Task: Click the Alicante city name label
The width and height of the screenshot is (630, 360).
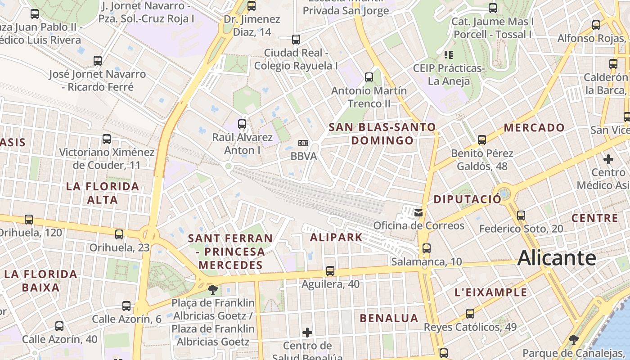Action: tap(557, 258)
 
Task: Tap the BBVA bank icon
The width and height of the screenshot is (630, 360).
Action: tap(303, 143)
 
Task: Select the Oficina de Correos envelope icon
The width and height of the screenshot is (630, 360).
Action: tap(418, 212)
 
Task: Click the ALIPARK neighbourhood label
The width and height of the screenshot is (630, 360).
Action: tap(336, 237)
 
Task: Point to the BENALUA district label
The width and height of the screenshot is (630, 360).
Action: tap(389, 318)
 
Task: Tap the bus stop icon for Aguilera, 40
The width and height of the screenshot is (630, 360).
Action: tap(330, 271)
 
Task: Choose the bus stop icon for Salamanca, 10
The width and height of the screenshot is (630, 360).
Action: tap(427, 248)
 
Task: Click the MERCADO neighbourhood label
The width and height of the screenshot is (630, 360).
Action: tap(534, 127)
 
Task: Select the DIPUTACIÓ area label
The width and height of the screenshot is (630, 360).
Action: tap(467, 199)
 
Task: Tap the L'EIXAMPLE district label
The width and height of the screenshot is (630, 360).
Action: tap(490, 292)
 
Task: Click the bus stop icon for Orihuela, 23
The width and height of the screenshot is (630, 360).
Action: tap(119, 234)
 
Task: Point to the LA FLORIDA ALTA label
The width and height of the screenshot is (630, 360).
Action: tap(103, 193)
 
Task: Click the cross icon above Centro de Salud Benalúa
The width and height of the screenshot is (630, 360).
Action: tap(307, 333)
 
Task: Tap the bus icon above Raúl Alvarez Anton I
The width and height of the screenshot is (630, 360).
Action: tap(242, 124)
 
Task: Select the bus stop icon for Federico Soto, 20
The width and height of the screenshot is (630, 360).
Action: tap(521, 216)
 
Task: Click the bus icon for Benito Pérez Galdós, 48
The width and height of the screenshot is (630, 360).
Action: tap(482, 140)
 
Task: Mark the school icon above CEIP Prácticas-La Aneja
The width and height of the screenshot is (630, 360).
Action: tap(448, 55)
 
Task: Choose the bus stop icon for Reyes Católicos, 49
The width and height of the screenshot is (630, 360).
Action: tap(470, 314)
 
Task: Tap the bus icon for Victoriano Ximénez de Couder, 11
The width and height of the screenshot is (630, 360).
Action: tap(107, 139)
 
